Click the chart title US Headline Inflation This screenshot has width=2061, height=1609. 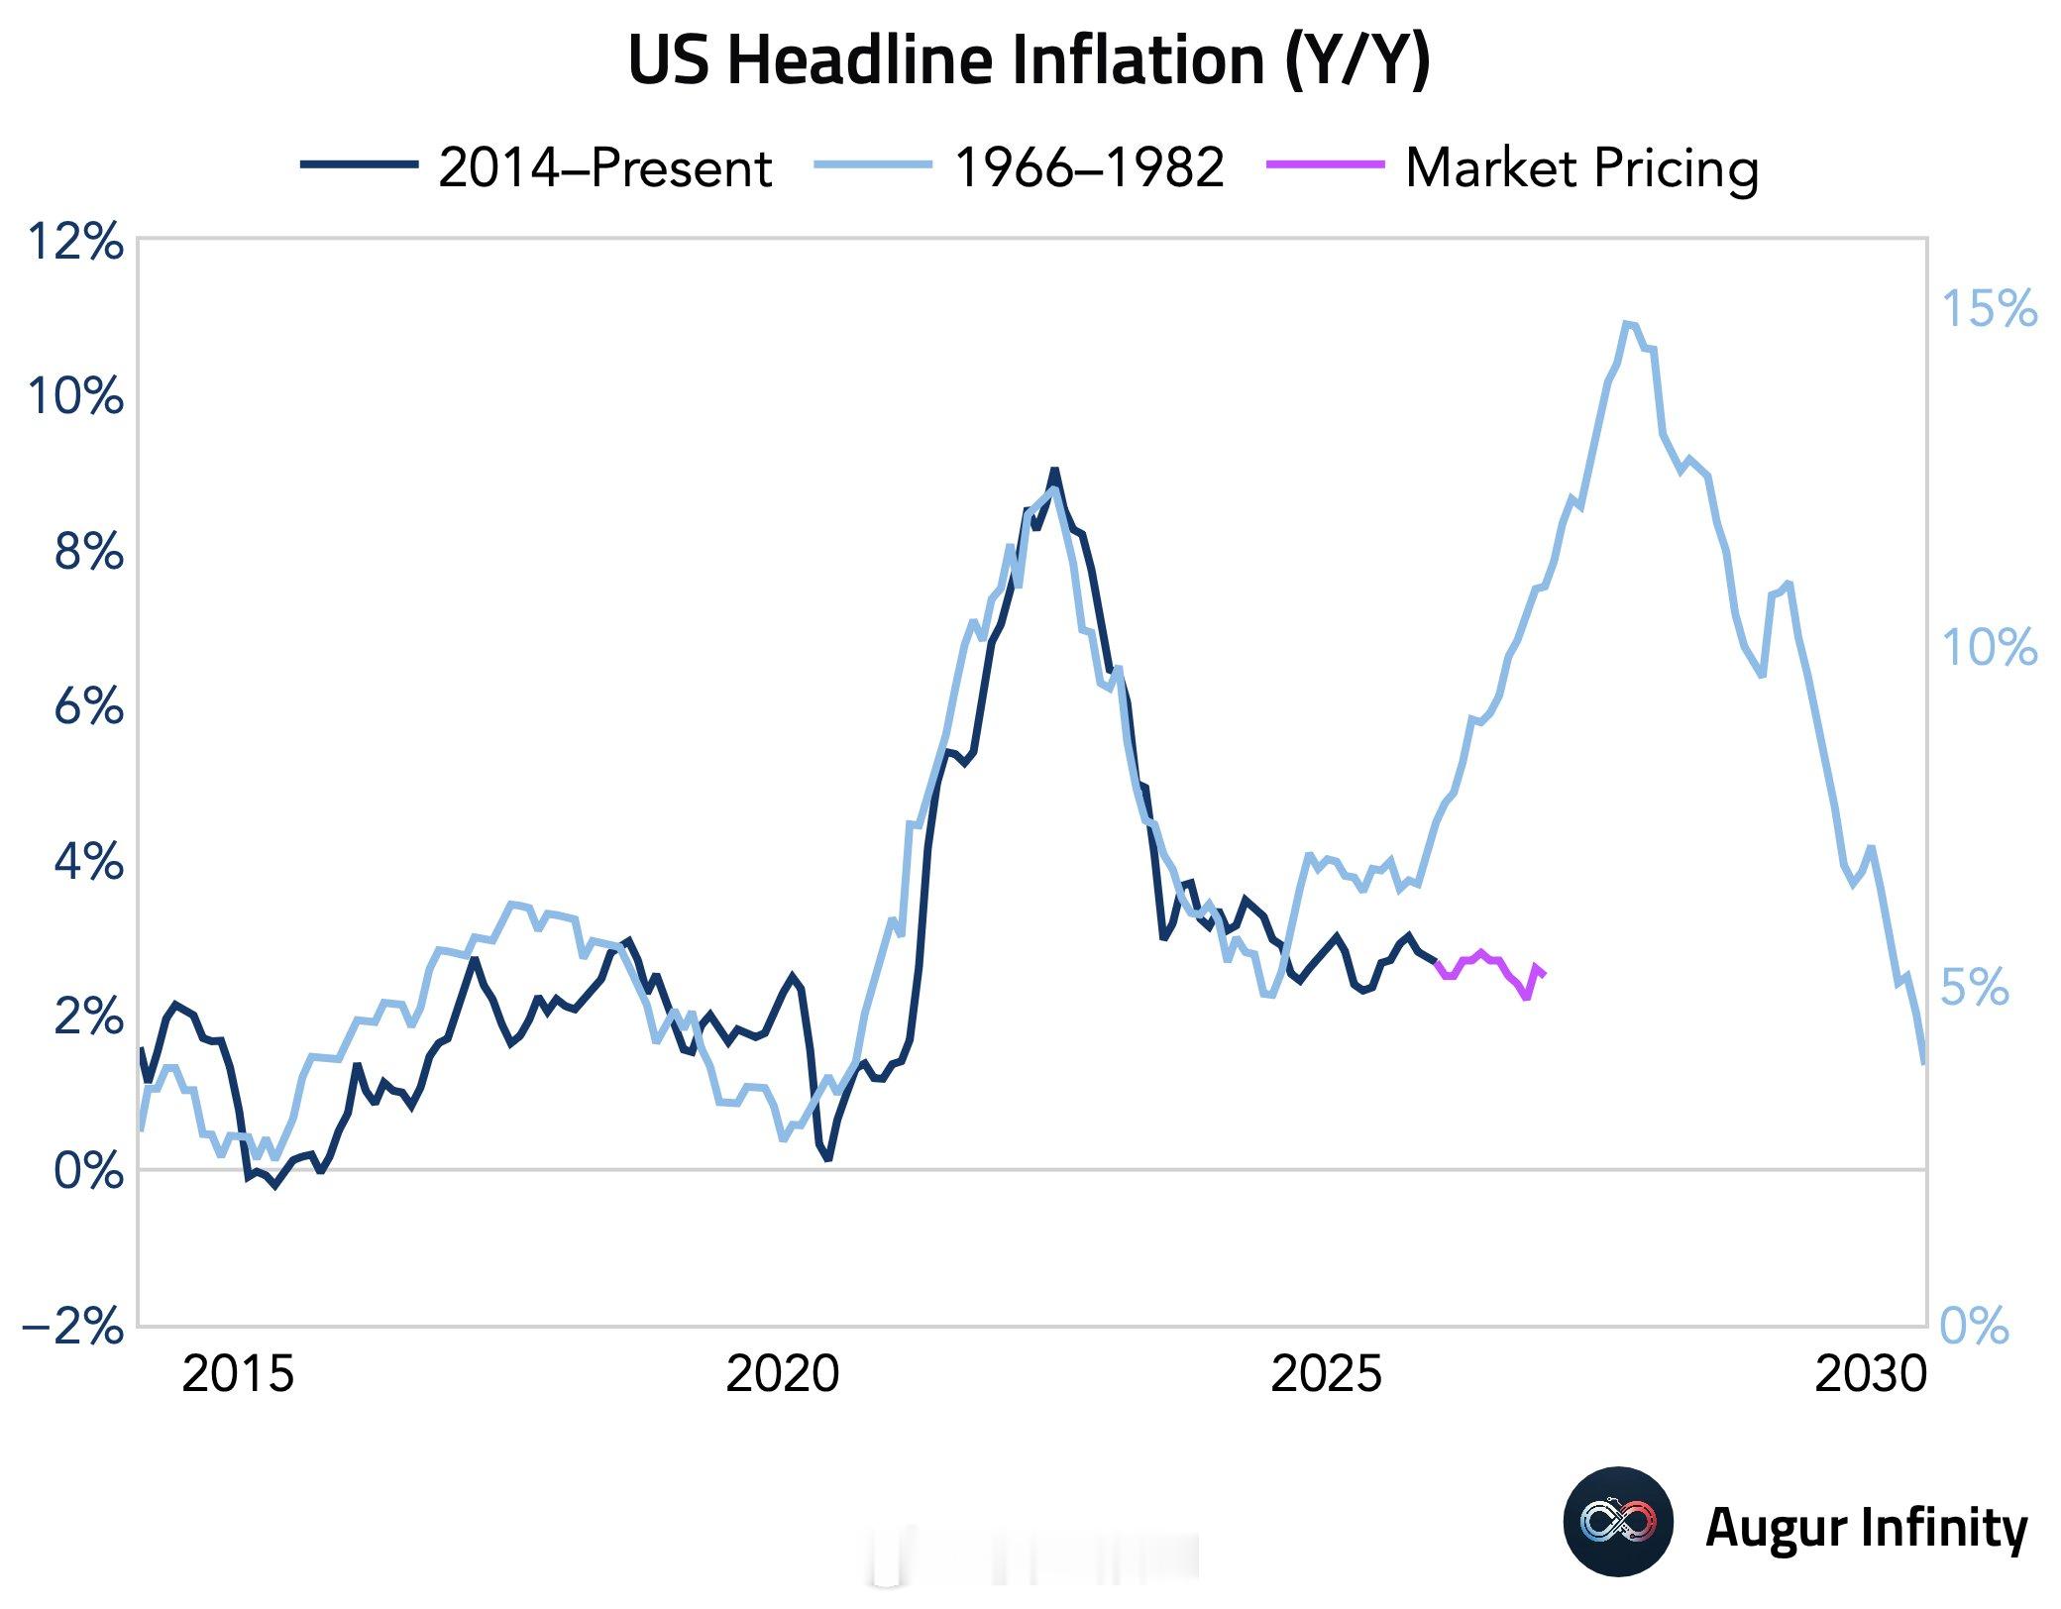(x=1030, y=61)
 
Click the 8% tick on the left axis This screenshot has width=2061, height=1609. (x=88, y=552)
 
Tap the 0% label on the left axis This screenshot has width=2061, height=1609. (x=88, y=1171)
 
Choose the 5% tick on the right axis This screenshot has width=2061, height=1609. (x=1975, y=988)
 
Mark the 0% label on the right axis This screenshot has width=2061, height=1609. (x=1975, y=1327)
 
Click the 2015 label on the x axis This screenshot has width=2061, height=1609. (x=238, y=1375)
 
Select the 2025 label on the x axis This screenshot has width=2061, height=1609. (x=1326, y=1375)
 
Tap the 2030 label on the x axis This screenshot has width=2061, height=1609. (x=1871, y=1375)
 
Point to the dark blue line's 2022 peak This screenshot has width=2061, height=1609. (x=1054, y=471)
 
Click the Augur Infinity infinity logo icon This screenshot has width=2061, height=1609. (x=1618, y=1522)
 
